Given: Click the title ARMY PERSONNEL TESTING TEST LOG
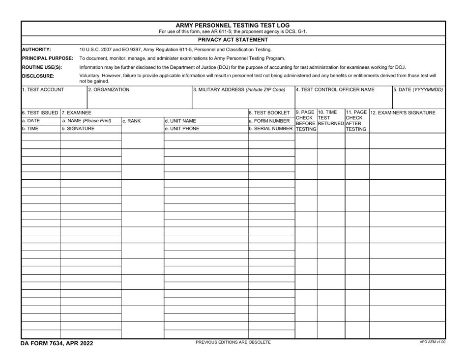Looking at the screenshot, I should [x=233, y=25].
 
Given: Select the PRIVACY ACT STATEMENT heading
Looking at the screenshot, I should [x=233, y=40].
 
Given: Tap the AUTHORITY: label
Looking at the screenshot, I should [x=37, y=50].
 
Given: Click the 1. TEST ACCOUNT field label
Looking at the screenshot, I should [x=43, y=90].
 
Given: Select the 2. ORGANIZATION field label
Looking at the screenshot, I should [x=109, y=90].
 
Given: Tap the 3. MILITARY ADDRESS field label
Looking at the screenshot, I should [x=239, y=90].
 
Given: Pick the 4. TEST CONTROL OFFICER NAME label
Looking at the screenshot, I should [x=335, y=90].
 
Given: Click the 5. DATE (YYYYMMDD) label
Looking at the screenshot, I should [x=418, y=90].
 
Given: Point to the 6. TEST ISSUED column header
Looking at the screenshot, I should [x=40, y=112].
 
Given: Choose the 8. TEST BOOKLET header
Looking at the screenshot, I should [x=269, y=112].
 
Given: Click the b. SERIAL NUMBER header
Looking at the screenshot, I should [x=271, y=129].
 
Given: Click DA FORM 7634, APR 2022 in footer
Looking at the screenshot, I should [x=57, y=343].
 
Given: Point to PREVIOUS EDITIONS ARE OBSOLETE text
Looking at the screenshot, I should [x=233, y=342].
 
